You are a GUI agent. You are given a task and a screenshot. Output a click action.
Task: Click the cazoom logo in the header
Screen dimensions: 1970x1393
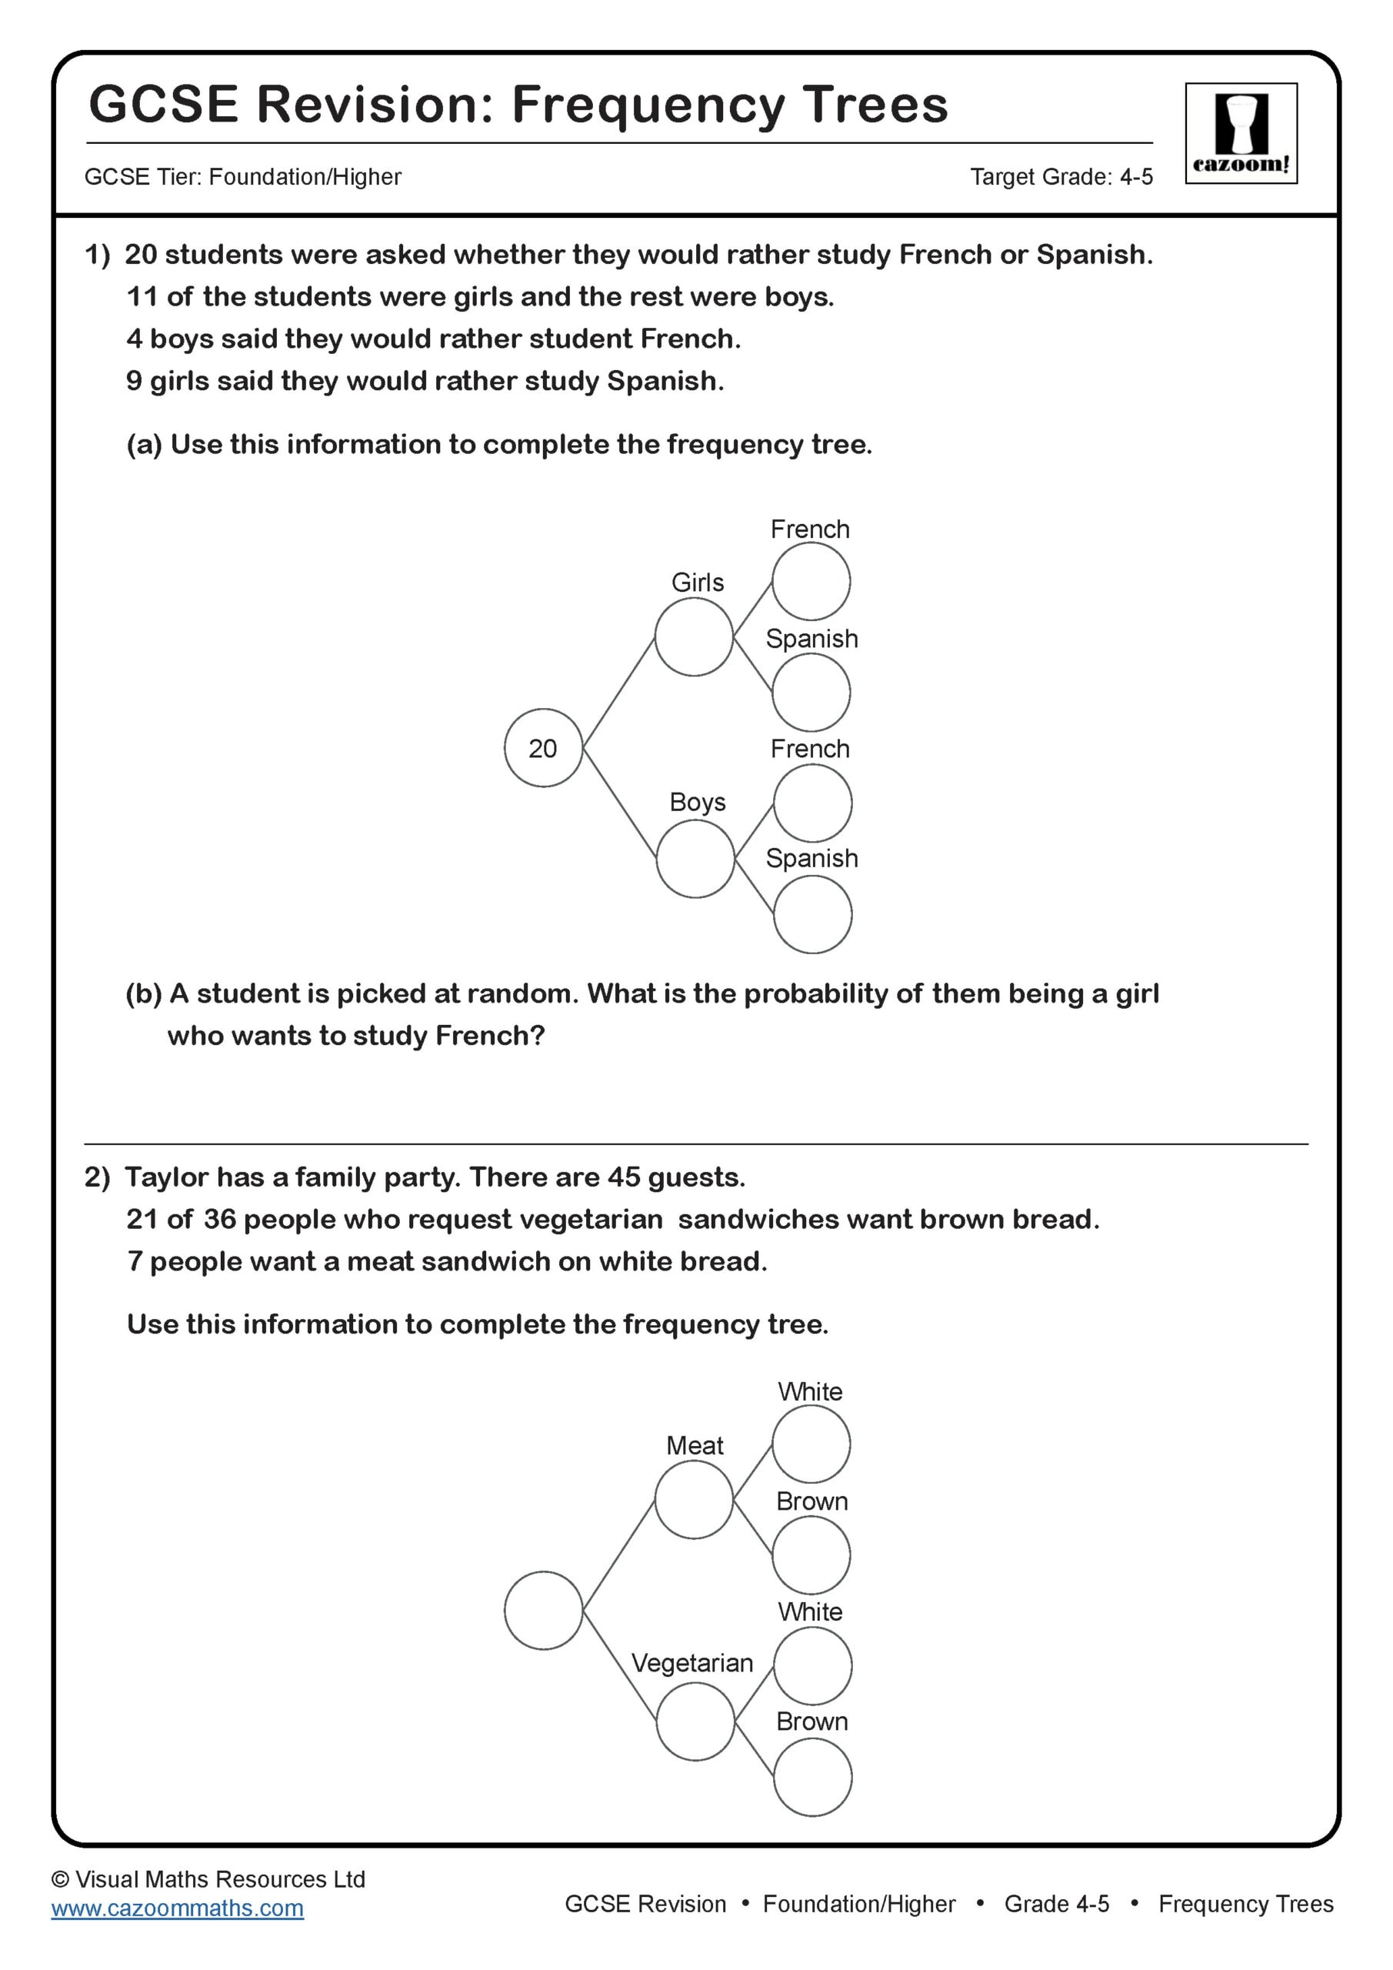pos(1241,133)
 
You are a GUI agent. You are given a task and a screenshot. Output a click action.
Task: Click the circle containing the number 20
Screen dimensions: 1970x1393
pos(543,747)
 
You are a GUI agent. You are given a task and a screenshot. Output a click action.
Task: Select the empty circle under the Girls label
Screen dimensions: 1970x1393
pos(693,636)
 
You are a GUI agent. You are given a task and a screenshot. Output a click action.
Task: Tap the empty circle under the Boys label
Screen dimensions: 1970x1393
pos(695,859)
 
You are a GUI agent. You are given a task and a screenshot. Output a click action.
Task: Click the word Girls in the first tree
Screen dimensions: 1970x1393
pos(697,583)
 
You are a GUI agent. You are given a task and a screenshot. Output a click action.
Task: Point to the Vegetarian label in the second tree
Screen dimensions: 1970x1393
pos(692,1663)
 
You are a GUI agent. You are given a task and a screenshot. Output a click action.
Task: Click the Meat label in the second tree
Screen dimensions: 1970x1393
pos(694,1445)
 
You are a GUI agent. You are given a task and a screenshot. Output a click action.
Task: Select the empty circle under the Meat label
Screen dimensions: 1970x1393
pos(693,1500)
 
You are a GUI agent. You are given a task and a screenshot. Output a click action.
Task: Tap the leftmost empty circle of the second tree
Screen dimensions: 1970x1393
pos(543,1611)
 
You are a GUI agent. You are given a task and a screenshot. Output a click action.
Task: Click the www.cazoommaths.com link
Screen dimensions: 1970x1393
pos(177,1908)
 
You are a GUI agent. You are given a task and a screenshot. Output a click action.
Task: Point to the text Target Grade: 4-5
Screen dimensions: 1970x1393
pos(1060,177)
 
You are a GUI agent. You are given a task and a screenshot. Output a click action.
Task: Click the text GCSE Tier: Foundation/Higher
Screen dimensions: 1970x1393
pos(243,177)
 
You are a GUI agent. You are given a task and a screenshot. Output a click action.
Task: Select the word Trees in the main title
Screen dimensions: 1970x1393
pos(874,105)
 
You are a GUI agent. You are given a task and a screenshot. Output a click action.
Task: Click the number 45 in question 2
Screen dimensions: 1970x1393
pos(624,1177)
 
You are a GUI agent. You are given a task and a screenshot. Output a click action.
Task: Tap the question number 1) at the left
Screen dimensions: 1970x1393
pos(97,255)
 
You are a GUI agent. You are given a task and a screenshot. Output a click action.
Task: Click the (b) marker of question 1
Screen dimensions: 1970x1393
pos(143,993)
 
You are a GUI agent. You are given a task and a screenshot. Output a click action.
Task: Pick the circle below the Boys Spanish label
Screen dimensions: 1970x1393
pos(811,915)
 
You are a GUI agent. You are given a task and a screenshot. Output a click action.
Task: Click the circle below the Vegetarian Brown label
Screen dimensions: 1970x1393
pos(811,1777)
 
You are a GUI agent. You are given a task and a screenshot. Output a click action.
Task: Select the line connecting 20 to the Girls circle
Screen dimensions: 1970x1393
pos(618,693)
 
